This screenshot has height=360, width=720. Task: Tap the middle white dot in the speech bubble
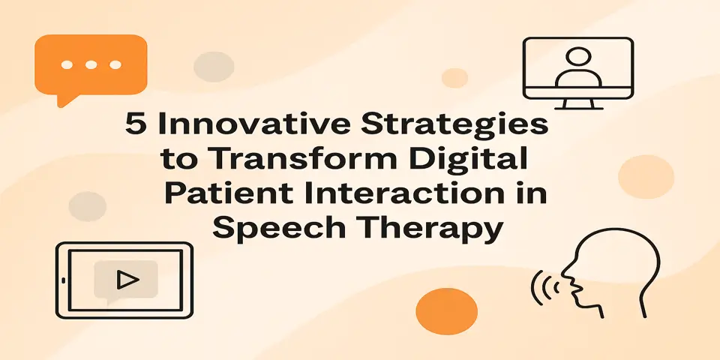[91, 65]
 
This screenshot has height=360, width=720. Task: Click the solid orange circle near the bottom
[446, 311]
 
